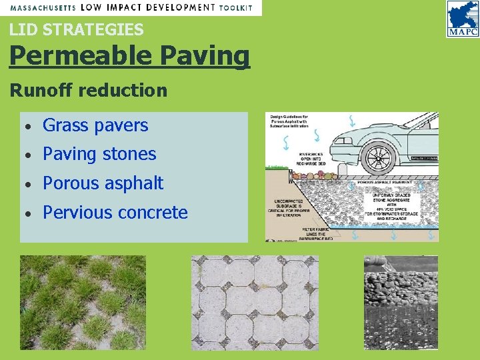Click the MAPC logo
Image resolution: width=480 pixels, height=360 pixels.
click(462, 19)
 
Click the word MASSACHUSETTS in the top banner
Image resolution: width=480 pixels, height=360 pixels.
click(43, 7)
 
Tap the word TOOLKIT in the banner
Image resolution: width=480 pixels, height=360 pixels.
click(236, 7)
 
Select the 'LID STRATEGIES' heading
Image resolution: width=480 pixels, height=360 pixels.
click(76, 29)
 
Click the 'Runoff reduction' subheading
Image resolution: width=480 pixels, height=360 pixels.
click(88, 90)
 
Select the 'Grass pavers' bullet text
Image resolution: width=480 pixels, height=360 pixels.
click(95, 125)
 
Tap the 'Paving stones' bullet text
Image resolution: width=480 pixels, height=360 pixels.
click(99, 154)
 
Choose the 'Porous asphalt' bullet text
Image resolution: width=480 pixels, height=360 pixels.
click(103, 183)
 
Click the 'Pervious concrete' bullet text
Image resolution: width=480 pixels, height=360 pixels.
click(115, 213)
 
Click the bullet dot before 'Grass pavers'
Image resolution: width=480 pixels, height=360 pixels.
click(29, 126)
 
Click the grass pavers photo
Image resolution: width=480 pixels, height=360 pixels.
click(83, 303)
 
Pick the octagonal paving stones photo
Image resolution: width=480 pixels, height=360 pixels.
click(255, 303)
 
